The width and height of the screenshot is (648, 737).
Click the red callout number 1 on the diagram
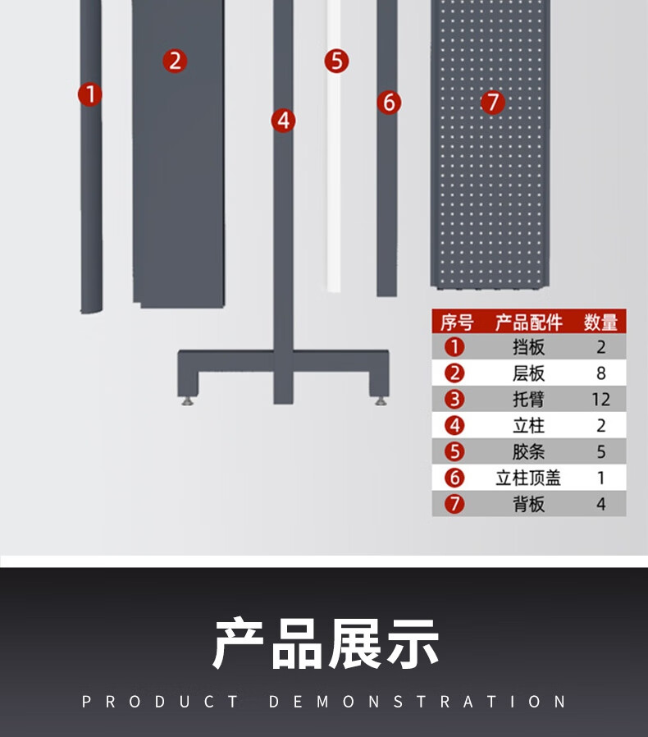click(x=90, y=94)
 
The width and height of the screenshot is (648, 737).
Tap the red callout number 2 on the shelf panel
click(x=175, y=61)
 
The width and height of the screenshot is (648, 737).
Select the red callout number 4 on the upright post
click(x=283, y=121)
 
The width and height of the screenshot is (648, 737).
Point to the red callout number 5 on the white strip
click(x=336, y=61)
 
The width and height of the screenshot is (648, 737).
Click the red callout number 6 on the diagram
click(x=389, y=103)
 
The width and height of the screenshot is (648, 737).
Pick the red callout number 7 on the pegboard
click(x=493, y=103)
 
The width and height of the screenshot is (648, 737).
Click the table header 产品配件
click(x=528, y=323)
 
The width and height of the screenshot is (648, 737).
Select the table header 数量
click(x=600, y=323)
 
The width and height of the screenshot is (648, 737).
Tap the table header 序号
click(x=457, y=323)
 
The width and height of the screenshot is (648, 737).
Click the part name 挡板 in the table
click(x=528, y=347)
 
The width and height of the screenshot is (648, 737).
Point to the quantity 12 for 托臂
click(x=600, y=400)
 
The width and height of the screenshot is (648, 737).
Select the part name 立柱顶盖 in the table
click(x=528, y=478)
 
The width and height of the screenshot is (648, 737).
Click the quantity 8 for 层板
click(x=601, y=373)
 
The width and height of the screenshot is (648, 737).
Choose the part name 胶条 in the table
click(x=528, y=451)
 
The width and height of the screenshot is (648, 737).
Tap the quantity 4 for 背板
click(x=601, y=505)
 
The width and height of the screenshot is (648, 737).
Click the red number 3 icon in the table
click(x=454, y=400)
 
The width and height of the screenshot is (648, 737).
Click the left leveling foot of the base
click(x=188, y=401)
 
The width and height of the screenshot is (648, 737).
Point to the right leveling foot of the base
click(x=381, y=401)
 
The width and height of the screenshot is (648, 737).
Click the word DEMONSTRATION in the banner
click(x=418, y=702)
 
